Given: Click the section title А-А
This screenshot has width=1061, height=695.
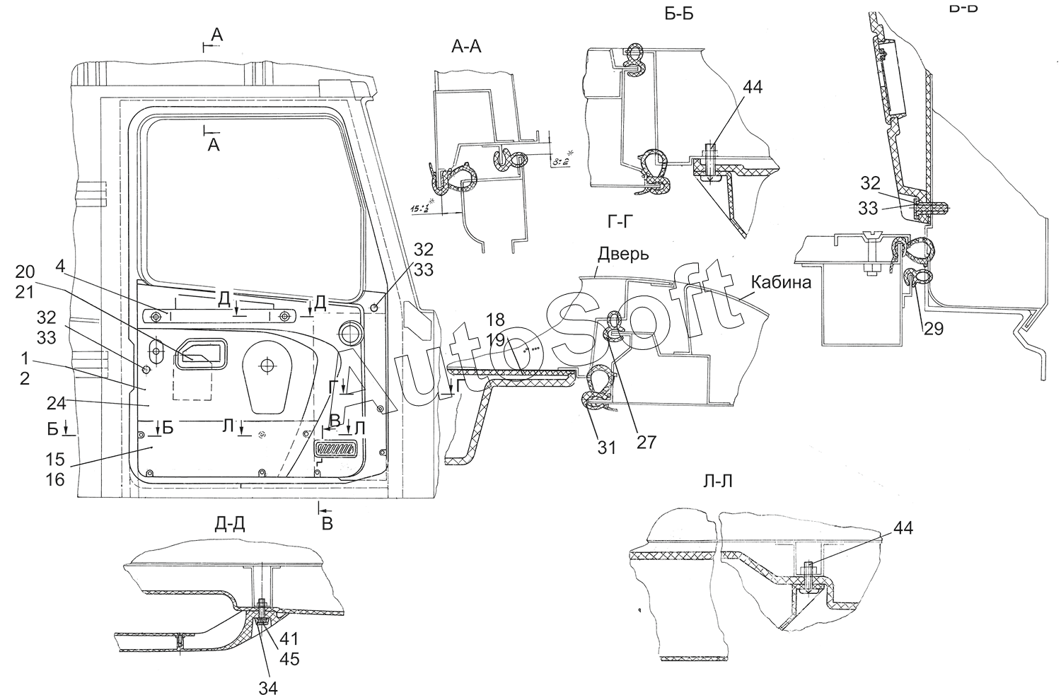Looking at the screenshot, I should click(x=465, y=47).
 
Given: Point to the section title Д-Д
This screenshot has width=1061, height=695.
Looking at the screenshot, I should click(x=230, y=524).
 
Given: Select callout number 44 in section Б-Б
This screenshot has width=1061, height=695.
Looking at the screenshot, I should click(x=753, y=88).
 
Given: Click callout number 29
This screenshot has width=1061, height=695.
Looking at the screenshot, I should click(x=933, y=329).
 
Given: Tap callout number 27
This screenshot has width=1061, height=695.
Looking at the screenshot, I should click(x=647, y=443).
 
